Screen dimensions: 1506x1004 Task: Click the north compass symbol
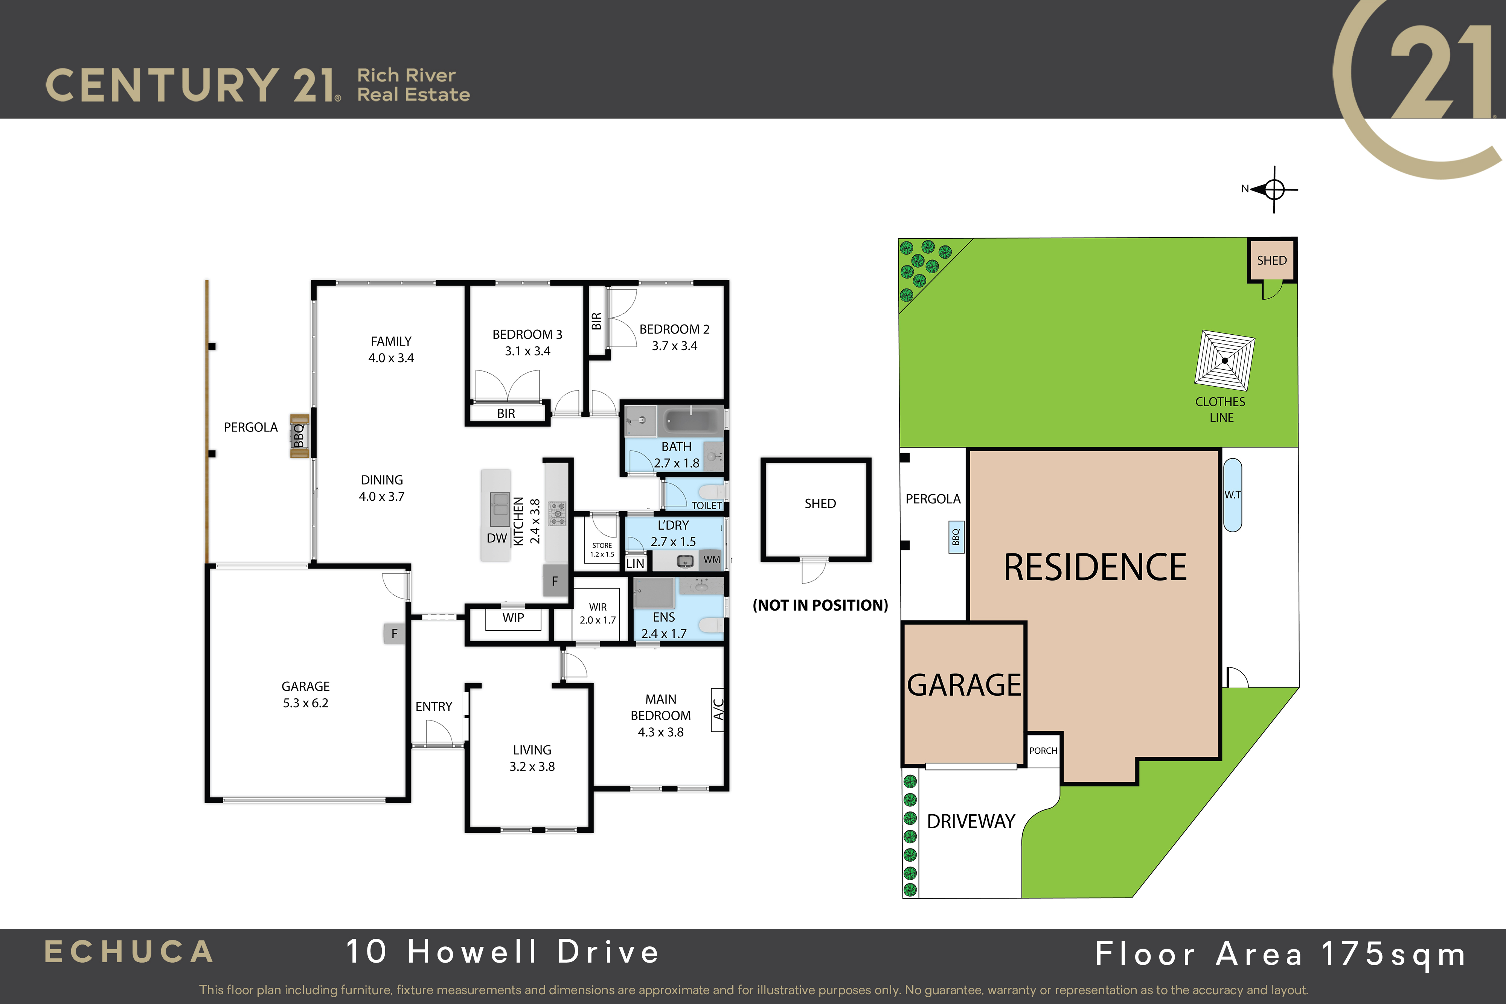click(x=1274, y=189)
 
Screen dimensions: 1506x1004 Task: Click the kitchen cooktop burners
click(x=558, y=513)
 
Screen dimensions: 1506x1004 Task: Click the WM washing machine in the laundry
click(x=711, y=560)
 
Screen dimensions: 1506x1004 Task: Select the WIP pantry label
click(x=513, y=618)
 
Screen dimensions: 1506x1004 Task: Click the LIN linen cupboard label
click(x=635, y=564)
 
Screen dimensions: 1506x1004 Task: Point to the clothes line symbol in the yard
click(x=1224, y=360)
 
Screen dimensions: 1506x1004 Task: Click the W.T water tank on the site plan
click(x=1233, y=495)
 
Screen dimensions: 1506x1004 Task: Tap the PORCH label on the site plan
click(x=1043, y=750)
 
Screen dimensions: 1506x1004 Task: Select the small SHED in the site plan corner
click(x=1272, y=261)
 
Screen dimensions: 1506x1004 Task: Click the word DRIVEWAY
click(x=971, y=821)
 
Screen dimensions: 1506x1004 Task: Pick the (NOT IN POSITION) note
click(x=820, y=605)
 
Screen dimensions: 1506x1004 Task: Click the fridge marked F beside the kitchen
click(x=555, y=581)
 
